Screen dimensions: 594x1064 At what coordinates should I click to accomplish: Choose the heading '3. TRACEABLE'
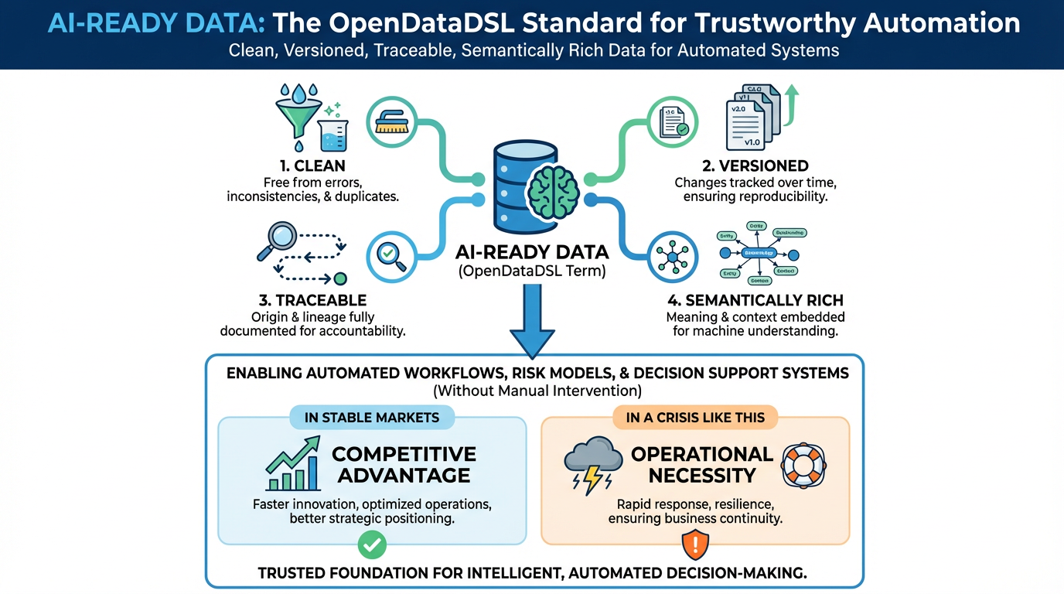point(312,300)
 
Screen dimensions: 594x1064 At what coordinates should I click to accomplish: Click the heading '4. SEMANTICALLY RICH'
point(755,300)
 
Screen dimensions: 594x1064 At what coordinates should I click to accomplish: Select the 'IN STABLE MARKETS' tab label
point(372,418)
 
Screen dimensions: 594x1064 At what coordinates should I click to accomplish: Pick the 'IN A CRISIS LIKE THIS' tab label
point(695,418)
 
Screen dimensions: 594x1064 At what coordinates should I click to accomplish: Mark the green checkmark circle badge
point(373,545)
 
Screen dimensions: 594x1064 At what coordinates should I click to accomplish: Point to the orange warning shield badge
point(695,545)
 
